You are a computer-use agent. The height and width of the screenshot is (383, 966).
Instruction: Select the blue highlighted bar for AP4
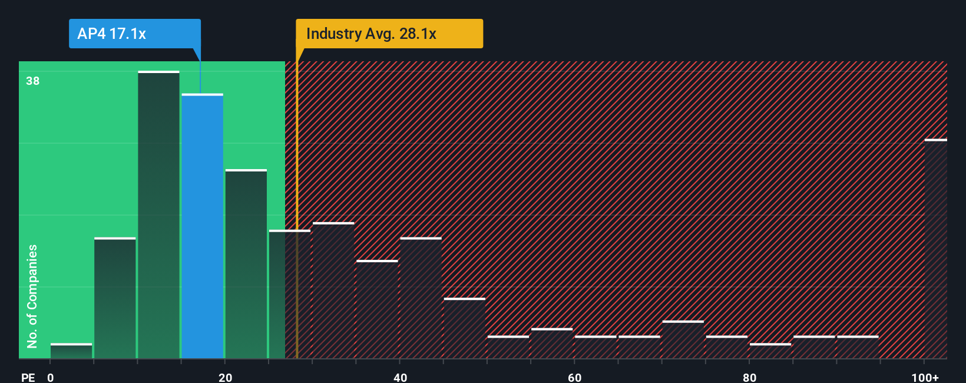pos(202,226)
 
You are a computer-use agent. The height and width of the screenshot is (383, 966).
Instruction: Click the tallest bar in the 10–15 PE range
pos(158,215)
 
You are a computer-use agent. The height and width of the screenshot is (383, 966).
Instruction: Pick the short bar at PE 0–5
pos(71,351)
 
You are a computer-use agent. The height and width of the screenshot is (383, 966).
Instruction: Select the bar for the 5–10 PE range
pos(115,298)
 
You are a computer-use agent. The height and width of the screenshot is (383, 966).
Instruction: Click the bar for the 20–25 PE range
pos(246,264)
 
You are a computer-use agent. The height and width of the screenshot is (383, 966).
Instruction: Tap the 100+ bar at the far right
pos(935,249)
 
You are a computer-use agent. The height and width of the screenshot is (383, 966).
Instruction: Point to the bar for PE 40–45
pos(421,298)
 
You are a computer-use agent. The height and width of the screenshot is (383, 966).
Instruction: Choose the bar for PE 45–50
pos(464,328)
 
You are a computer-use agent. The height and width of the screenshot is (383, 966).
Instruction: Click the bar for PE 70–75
pos(683,339)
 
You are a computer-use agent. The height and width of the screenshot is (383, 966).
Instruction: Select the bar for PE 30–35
pos(333,290)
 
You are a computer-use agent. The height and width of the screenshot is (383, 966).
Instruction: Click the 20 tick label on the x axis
pos(225,377)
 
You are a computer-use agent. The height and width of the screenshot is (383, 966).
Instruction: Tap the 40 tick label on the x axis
pos(400,377)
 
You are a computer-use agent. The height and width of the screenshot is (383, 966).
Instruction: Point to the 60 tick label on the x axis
pos(574,377)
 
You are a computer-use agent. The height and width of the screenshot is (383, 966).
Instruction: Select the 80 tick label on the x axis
pos(749,377)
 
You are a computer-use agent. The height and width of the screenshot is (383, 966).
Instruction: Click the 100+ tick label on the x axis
pos(925,377)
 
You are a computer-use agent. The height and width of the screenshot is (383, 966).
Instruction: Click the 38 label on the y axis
pos(33,81)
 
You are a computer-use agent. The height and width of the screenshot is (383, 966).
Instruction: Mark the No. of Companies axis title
pos(32,296)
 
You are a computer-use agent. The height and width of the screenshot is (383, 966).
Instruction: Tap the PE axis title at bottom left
pos(28,377)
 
